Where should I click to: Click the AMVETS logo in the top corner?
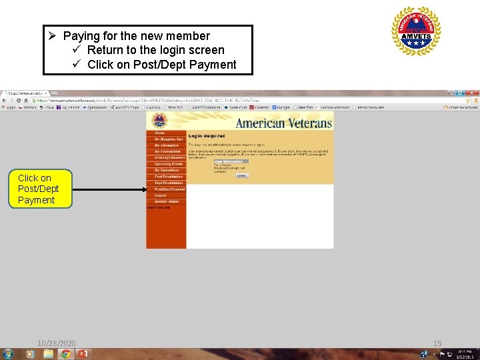pos(416,31)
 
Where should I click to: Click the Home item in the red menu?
pos(159,133)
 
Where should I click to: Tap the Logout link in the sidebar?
pos(161,195)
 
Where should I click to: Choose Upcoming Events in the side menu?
pos(168,164)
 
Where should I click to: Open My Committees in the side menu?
pos(167,171)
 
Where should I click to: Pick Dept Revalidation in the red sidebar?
pos(169,183)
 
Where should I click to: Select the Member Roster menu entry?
pos(167,201)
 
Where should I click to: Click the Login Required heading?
pos(207,136)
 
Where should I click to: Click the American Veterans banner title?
pos(283,123)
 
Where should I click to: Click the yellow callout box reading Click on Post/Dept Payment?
pos(38,189)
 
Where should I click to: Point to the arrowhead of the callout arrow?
pos(144,189)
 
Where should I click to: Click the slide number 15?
pos(437,343)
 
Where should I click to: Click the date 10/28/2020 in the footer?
pos(57,343)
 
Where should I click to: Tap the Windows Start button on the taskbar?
pos(8,354)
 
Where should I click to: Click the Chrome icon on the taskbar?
pos(65,354)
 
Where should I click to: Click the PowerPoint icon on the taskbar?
pos(83,354)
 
